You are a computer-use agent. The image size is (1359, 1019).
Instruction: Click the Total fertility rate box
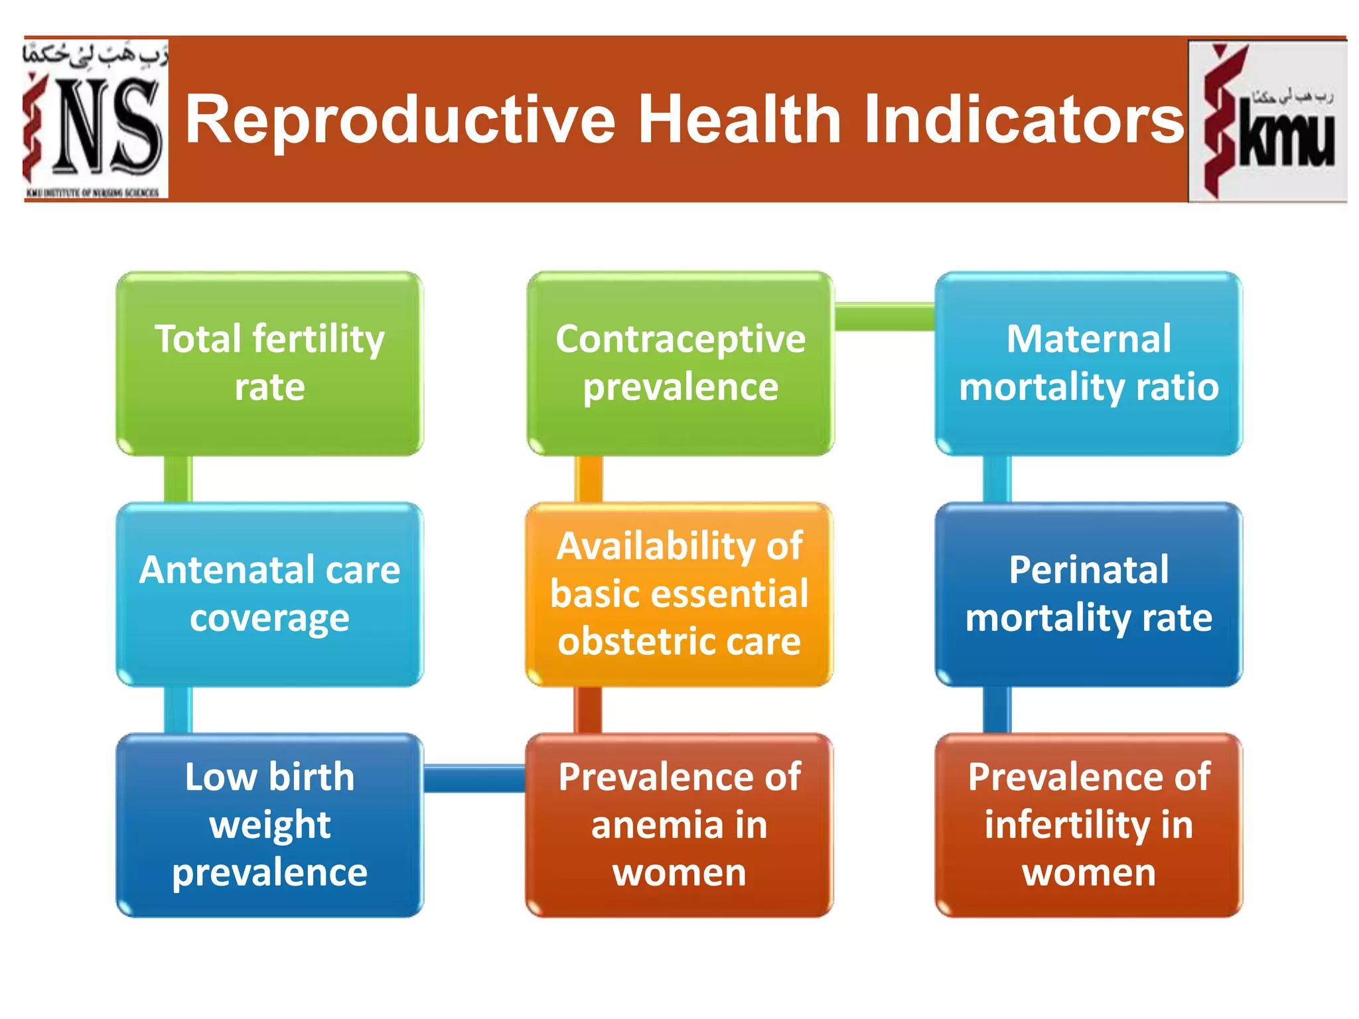(269, 363)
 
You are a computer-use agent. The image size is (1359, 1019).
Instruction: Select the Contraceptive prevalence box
(680, 363)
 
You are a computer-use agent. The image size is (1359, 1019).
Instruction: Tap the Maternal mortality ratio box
(1088, 363)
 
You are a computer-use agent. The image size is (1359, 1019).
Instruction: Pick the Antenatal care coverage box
(269, 594)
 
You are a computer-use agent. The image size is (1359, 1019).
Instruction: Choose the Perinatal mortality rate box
(1088, 594)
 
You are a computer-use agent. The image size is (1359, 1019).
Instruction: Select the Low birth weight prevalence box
(269, 825)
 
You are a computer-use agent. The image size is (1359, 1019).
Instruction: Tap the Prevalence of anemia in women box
(679, 825)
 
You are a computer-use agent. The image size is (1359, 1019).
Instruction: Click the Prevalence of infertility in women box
(1088, 825)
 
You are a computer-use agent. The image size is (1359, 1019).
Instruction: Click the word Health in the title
(739, 120)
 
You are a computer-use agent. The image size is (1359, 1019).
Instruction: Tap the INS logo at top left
(96, 119)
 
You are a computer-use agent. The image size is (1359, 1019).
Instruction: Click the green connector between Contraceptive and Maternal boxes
(884, 317)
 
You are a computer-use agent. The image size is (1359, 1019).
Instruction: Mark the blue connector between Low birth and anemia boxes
(474, 778)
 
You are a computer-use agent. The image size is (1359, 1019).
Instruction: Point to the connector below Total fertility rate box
(178, 479)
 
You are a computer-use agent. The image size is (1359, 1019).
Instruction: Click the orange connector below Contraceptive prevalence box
(588, 479)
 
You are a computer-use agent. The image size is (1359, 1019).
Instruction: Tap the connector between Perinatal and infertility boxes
(997, 710)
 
